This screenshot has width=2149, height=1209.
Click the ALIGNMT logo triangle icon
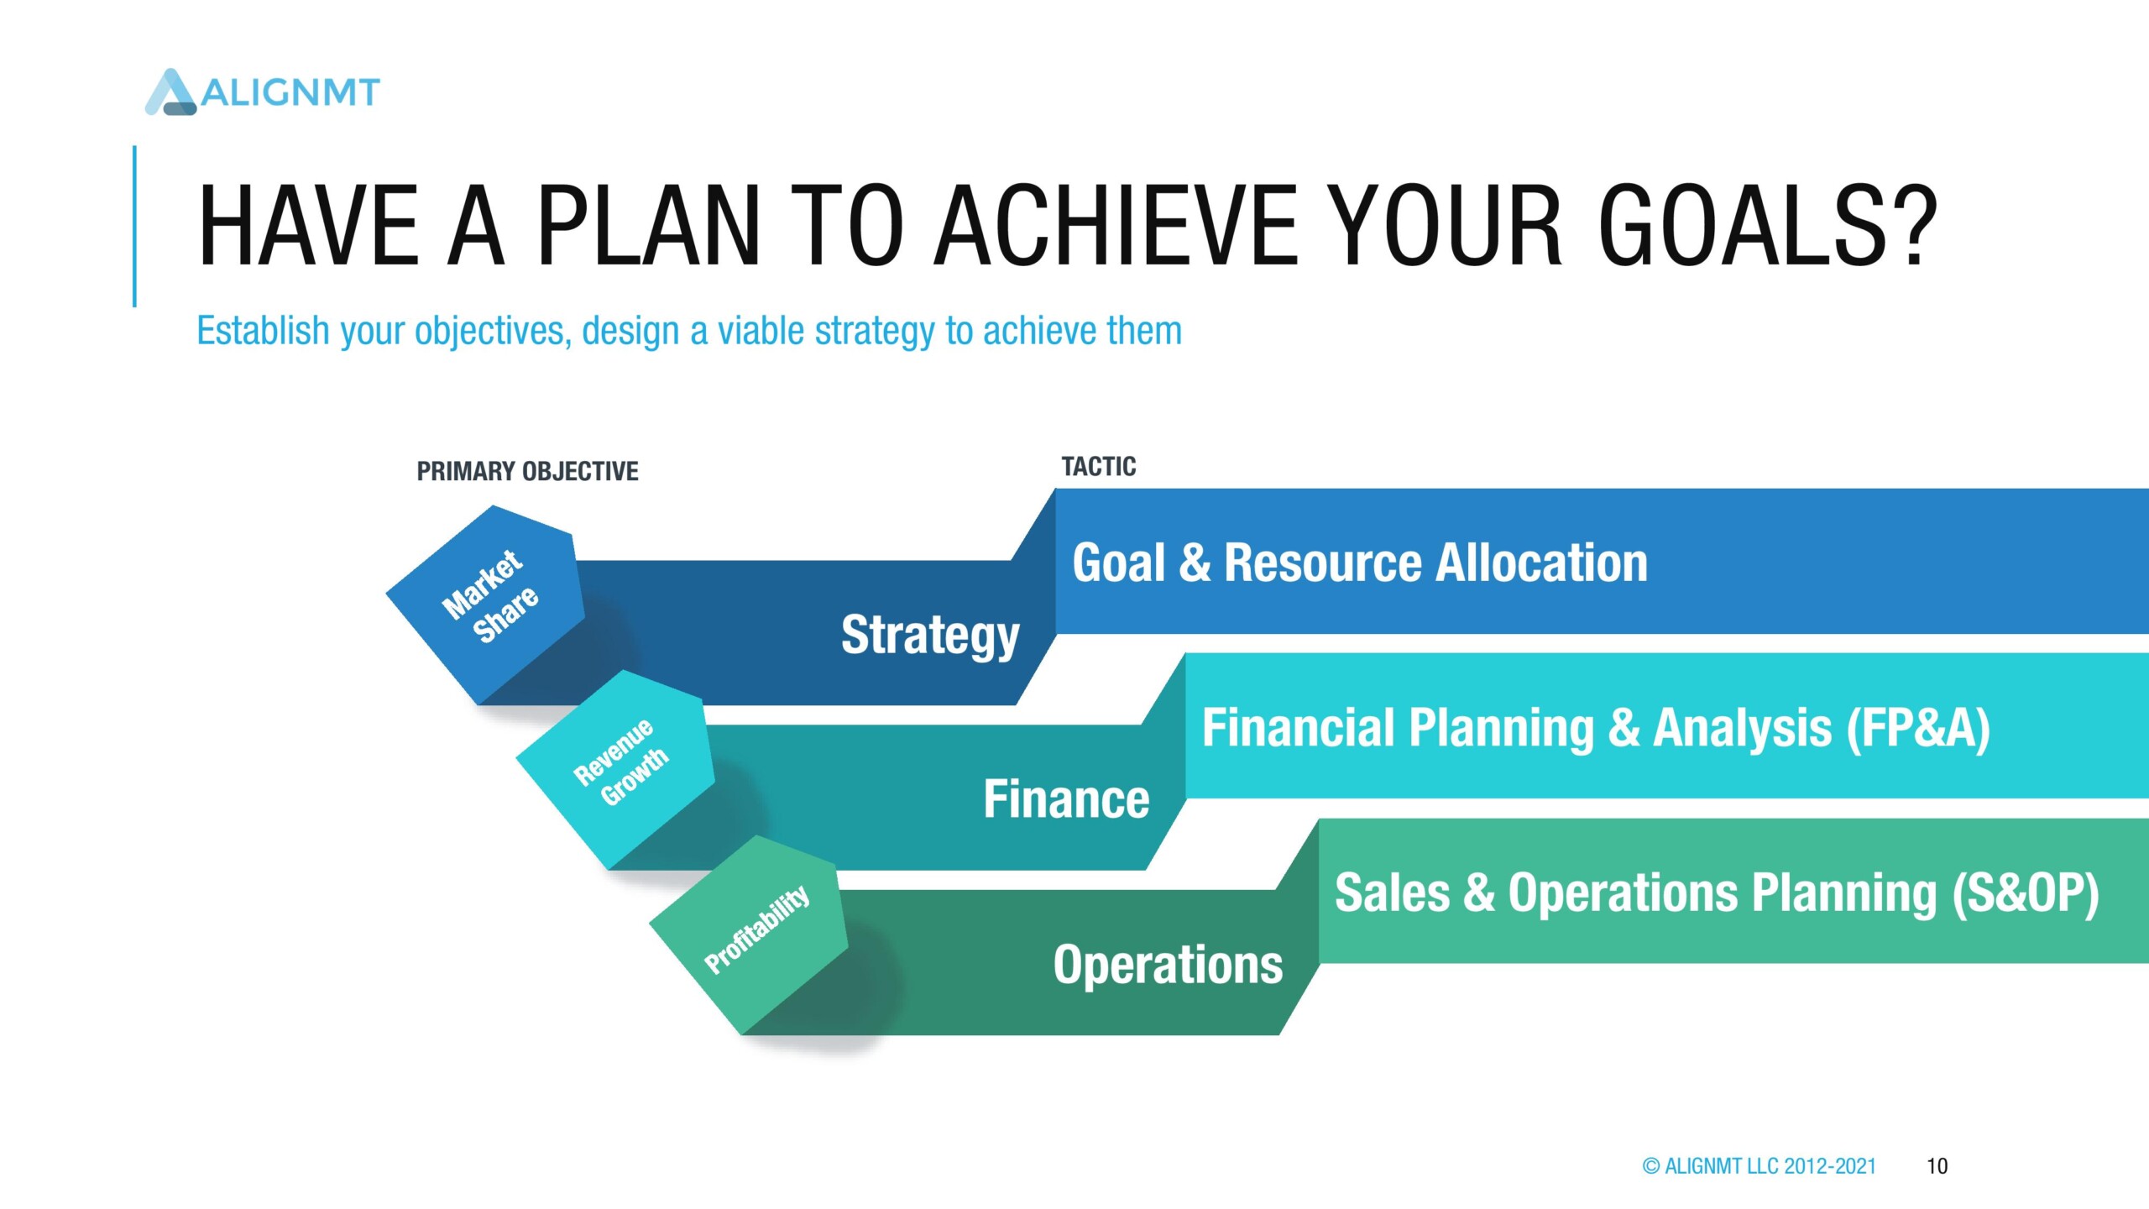pos(171,92)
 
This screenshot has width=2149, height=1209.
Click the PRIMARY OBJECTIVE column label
pos(527,471)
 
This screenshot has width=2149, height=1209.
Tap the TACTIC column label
pos(1098,467)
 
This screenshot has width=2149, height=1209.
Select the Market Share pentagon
pos(485,604)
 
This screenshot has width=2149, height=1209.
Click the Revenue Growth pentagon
pos(615,769)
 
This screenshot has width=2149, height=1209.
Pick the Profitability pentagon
pos(749,934)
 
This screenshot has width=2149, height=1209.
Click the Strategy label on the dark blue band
pos(930,636)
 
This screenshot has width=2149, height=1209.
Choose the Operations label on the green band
pos(1168,966)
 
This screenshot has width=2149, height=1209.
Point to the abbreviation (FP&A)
pos(1917,728)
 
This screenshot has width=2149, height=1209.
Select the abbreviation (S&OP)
pos(2025,892)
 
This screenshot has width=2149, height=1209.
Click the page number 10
pos(1937,1166)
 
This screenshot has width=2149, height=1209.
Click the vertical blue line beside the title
pos(134,226)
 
